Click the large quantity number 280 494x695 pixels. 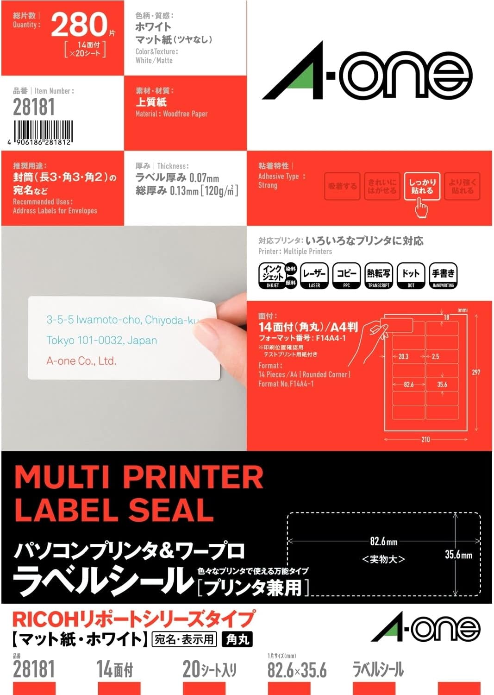click(79, 25)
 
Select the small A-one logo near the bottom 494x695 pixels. click(426, 629)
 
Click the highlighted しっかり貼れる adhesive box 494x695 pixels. click(422, 186)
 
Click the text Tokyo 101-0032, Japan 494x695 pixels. click(101, 341)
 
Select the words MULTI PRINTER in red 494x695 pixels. click(139, 477)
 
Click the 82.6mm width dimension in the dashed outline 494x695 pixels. click(383, 541)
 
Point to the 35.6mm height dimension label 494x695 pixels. click(458, 555)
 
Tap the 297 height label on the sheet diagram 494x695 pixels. click(476, 372)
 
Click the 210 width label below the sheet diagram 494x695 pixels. click(425, 439)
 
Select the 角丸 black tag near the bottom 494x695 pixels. click(237, 639)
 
